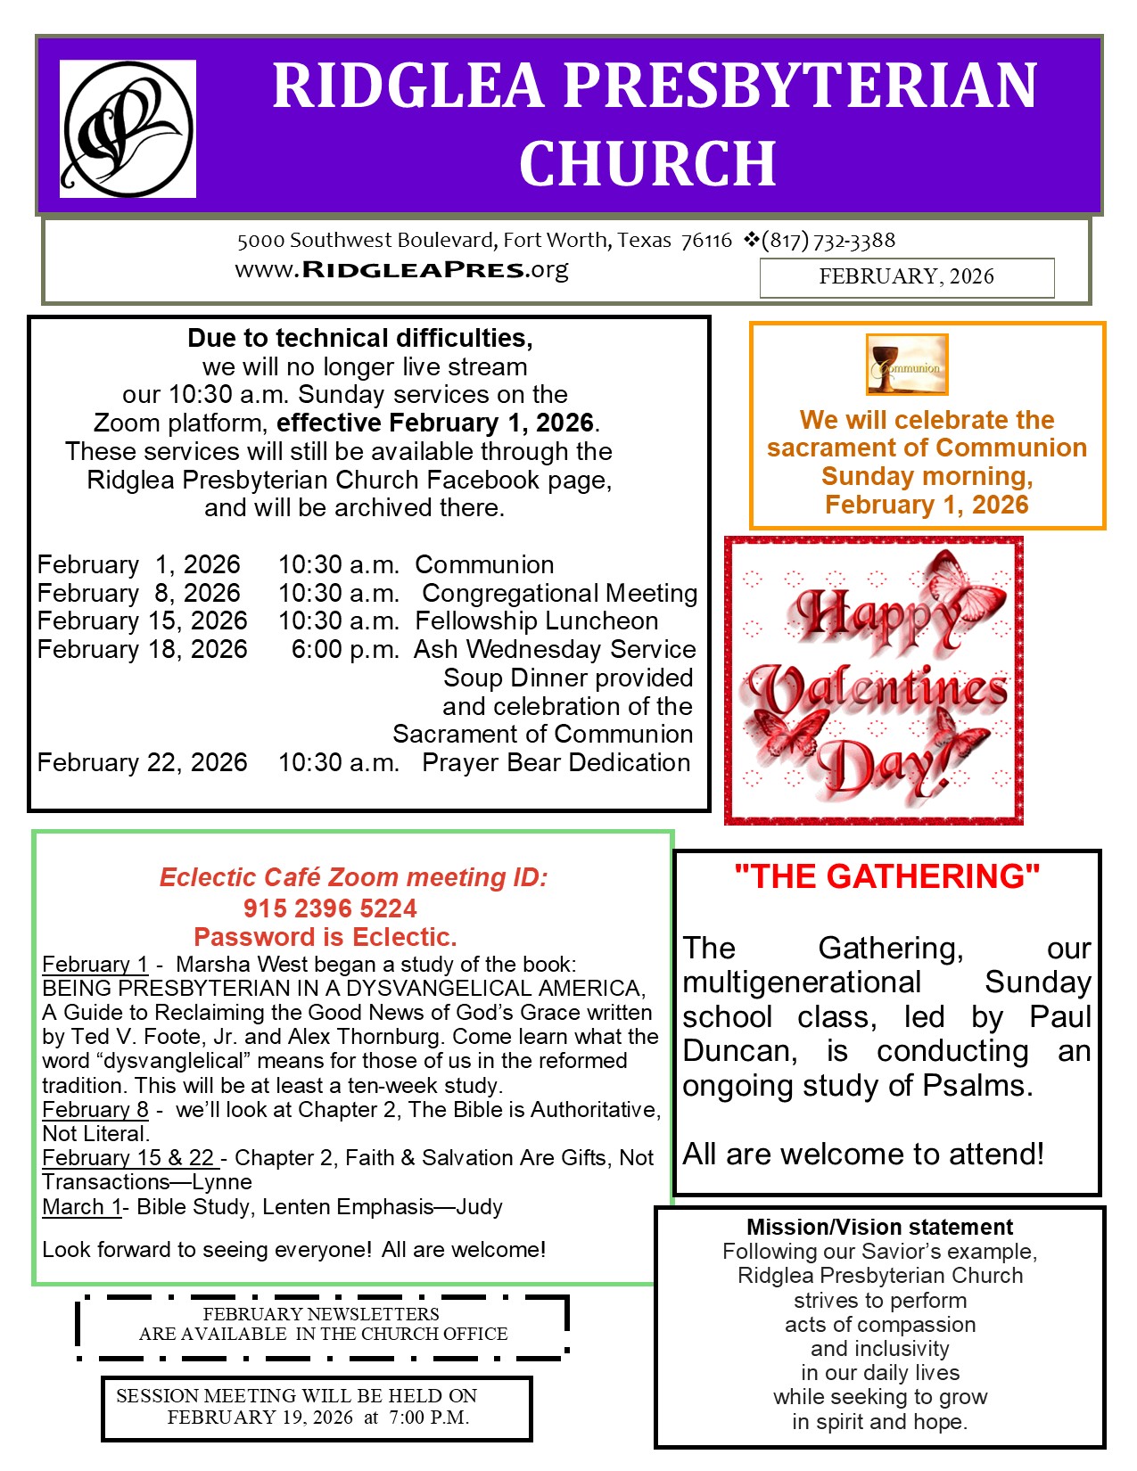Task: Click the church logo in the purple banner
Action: click(x=128, y=128)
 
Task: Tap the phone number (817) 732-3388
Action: click(x=828, y=240)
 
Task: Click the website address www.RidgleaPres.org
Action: click(x=401, y=269)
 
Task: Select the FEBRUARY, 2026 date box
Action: click(x=906, y=277)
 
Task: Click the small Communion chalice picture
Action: click(x=906, y=364)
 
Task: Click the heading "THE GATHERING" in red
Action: click(x=886, y=876)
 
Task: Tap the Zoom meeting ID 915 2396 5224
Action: click(x=330, y=908)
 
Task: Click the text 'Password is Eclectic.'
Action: click(x=325, y=937)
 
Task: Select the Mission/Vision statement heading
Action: click(x=879, y=1227)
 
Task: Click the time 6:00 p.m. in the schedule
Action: click(x=345, y=649)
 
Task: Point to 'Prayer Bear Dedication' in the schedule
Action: click(x=556, y=762)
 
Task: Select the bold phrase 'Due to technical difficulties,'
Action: click(x=360, y=338)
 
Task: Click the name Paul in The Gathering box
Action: click(x=1060, y=1016)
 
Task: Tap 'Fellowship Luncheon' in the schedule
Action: click(x=537, y=620)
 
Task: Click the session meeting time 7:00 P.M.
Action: click(x=429, y=1418)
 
